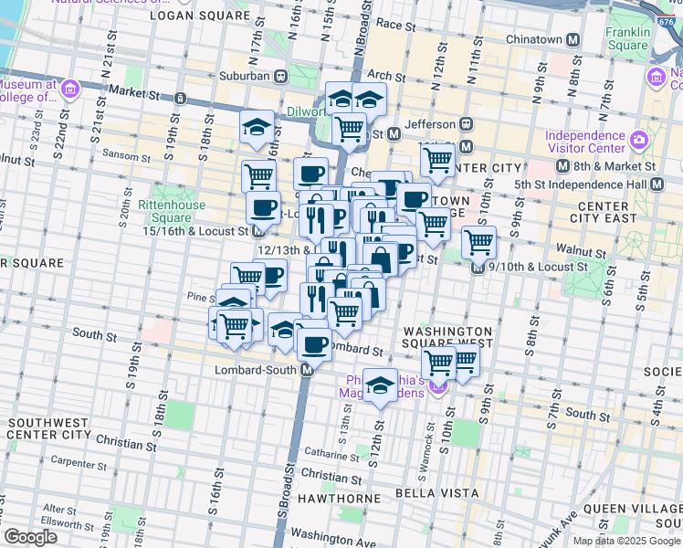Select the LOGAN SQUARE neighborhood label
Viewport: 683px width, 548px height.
tap(198, 16)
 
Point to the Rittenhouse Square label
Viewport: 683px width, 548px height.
tap(164, 212)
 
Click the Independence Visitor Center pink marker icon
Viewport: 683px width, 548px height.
tap(637, 142)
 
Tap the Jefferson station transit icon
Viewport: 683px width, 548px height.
tap(466, 124)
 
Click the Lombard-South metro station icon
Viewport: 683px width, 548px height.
tap(308, 370)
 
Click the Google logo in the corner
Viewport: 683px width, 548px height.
tap(31, 536)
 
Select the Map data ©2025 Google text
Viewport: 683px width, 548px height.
tap(625, 541)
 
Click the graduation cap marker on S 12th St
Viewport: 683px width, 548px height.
tap(380, 385)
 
